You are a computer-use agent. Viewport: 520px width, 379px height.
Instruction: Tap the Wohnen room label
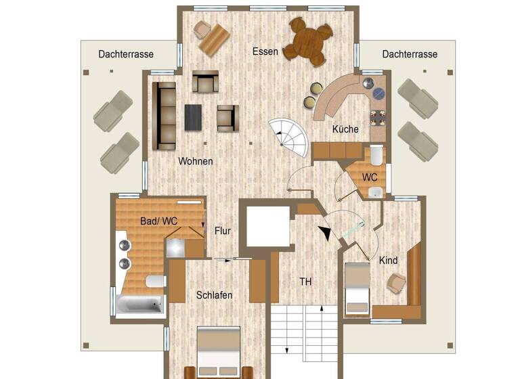coord(196,162)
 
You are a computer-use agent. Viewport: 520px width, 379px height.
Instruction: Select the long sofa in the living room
coord(164,116)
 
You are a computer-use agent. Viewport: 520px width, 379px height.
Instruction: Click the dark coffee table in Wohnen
coord(194,117)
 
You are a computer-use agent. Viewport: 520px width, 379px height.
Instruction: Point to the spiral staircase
coord(288,136)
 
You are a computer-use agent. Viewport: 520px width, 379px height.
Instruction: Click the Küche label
coord(345,129)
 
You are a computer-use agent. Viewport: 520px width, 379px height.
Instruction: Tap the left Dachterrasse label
coord(125,54)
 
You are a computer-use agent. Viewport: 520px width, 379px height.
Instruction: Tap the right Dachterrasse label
coord(410,54)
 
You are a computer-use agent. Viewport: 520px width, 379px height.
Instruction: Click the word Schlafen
coord(215,295)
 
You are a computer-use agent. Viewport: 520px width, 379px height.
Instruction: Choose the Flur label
coord(223,231)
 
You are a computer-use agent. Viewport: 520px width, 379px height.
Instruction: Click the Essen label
coord(265,51)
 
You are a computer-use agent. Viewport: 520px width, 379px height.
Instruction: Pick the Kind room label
coord(388,261)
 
